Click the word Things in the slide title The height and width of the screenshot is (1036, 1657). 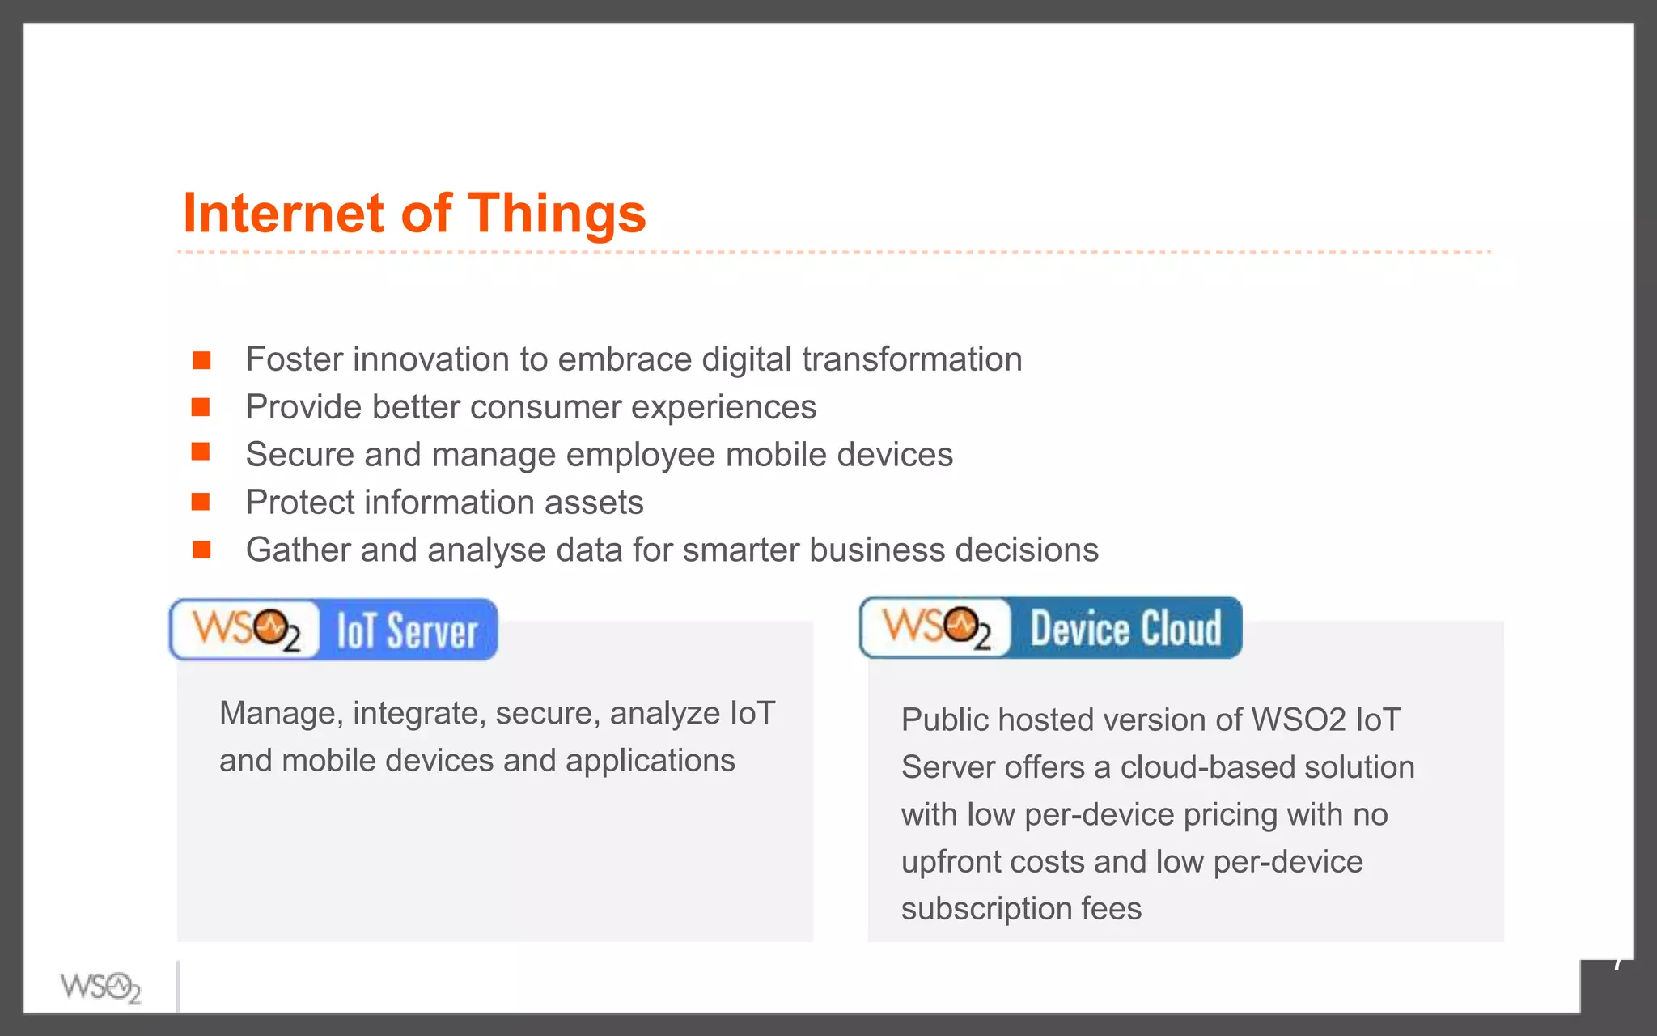coord(557,214)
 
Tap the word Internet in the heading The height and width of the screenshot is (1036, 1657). coord(283,214)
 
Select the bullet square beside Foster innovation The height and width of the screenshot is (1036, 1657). coord(201,360)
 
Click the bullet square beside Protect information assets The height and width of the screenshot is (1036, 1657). coord(201,503)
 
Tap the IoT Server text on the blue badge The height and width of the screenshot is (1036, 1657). coord(407,631)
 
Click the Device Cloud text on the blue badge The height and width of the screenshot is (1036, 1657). coord(1125,628)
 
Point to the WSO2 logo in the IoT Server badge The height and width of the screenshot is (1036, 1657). coord(246,629)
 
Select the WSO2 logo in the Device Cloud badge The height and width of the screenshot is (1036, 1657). coord(936,627)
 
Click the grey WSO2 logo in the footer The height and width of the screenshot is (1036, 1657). coord(100,987)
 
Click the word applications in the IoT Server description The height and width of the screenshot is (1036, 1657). coord(650,761)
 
